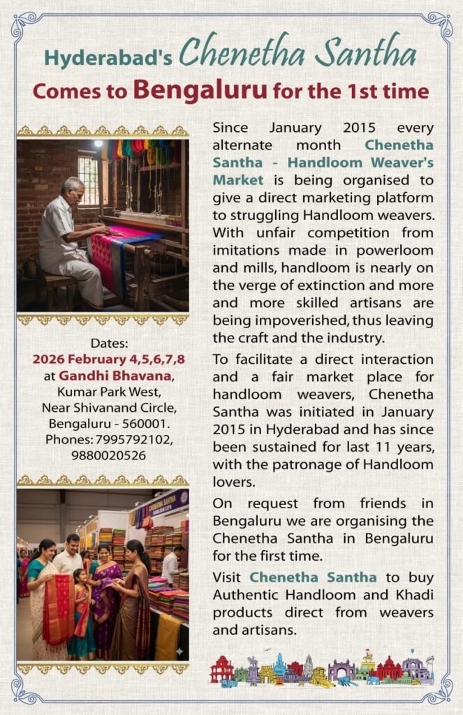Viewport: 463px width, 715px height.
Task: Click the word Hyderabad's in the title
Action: pyautogui.click(x=108, y=58)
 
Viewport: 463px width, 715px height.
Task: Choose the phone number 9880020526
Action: pyautogui.click(x=103, y=455)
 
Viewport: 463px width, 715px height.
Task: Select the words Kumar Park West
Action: pyautogui.click(x=103, y=392)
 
